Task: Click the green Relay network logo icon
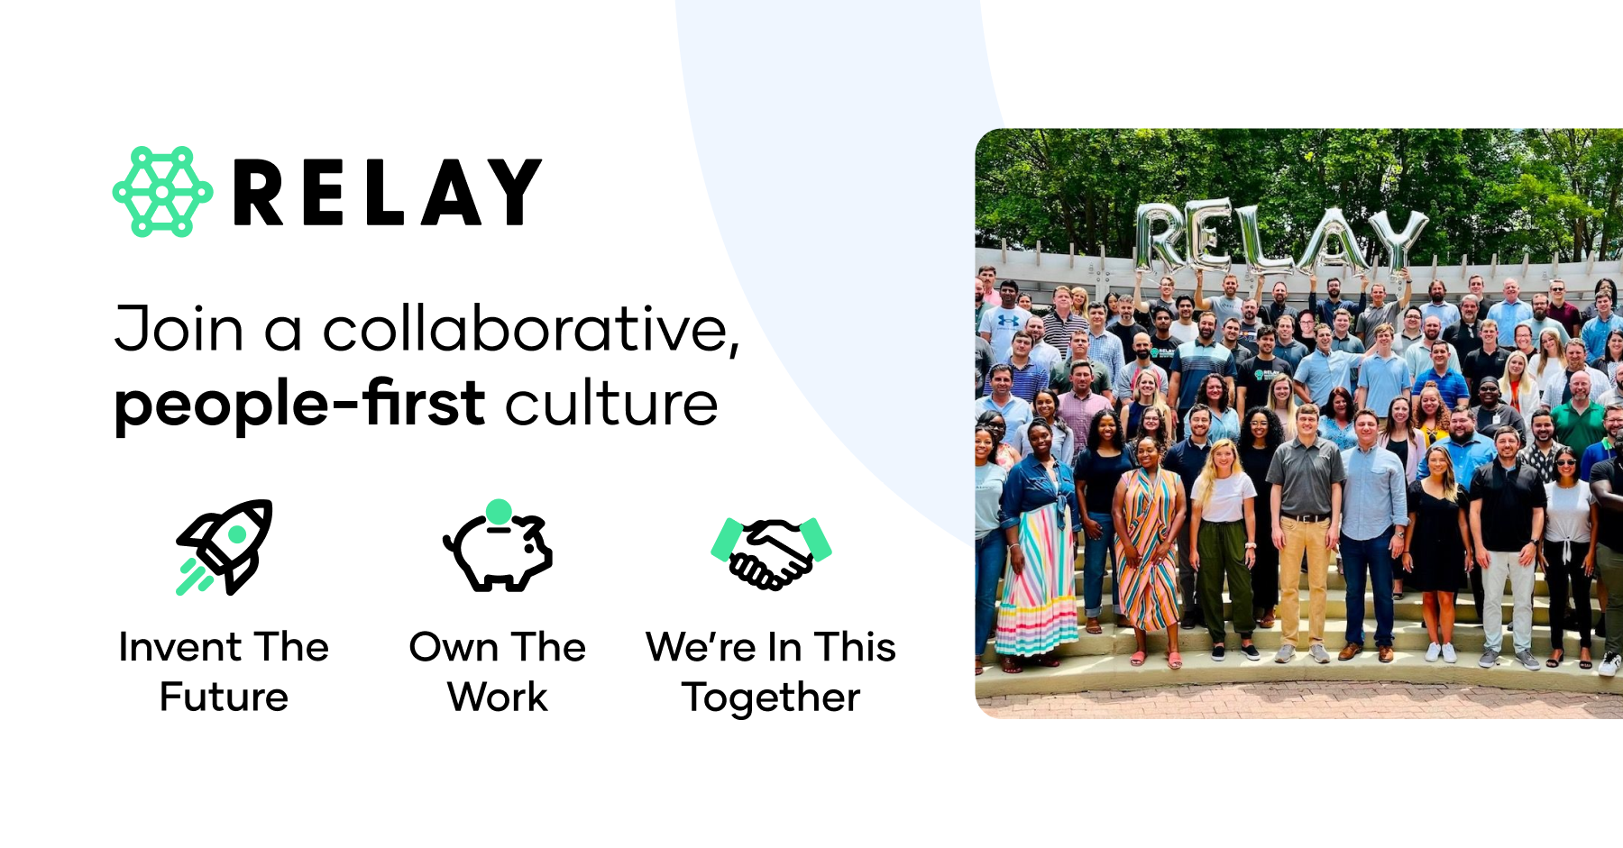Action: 162,191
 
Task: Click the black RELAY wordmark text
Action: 388,192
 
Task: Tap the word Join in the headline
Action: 179,329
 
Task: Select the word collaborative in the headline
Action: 530,329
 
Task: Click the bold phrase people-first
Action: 300,403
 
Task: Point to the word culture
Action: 611,403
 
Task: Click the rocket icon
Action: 225,546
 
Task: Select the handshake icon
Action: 771,552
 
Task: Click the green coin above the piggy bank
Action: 499,512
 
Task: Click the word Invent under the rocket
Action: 180,647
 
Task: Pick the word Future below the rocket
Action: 224,697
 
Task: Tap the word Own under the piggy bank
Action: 452,647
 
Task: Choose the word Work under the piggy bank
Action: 498,697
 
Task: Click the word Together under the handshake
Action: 771,697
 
